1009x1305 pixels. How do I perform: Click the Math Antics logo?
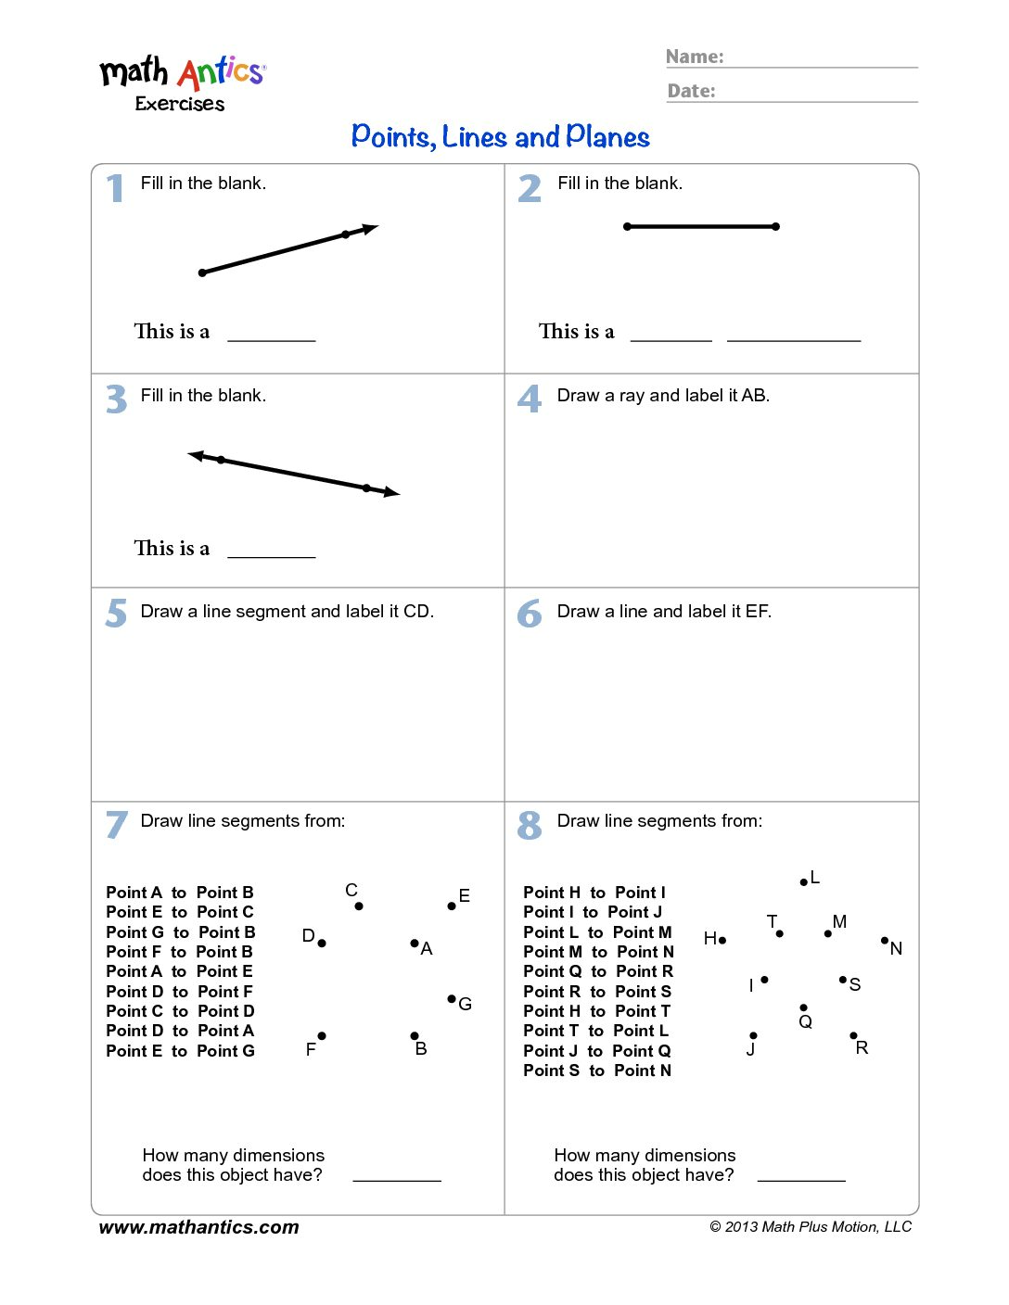coord(183,82)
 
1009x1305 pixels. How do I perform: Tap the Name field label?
coord(695,57)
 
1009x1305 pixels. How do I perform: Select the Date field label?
coord(692,91)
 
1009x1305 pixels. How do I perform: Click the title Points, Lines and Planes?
coord(501,137)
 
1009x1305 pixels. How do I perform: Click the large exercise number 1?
coord(115,188)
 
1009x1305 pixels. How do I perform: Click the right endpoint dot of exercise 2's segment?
coord(775,226)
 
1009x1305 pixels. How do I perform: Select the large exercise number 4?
coord(530,399)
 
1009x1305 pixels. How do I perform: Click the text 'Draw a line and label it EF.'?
coord(664,612)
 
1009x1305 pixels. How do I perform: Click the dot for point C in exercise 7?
coord(359,906)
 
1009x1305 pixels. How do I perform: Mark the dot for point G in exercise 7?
coord(452,998)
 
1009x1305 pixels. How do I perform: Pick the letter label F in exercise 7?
coord(311,1049)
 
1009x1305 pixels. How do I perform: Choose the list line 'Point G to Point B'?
coord(181,932)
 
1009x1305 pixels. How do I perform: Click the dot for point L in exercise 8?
coord(803,882)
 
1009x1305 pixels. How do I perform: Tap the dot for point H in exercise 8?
coord(722,940)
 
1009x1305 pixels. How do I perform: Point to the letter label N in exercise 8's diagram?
coord(896,948)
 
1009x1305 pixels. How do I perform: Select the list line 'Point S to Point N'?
coord(597,1071)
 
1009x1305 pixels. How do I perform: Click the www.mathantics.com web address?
coord(199,1227)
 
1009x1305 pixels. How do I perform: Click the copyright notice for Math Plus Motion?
coord(811,1227)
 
